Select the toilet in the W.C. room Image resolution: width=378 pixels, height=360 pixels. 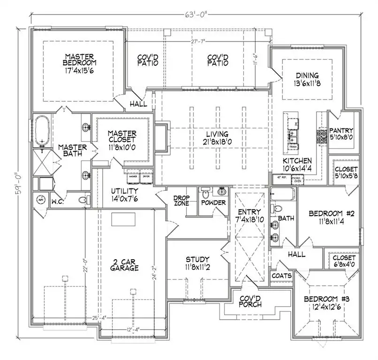click(83, 200)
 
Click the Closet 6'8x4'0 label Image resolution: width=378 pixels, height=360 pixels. click(344, 261)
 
